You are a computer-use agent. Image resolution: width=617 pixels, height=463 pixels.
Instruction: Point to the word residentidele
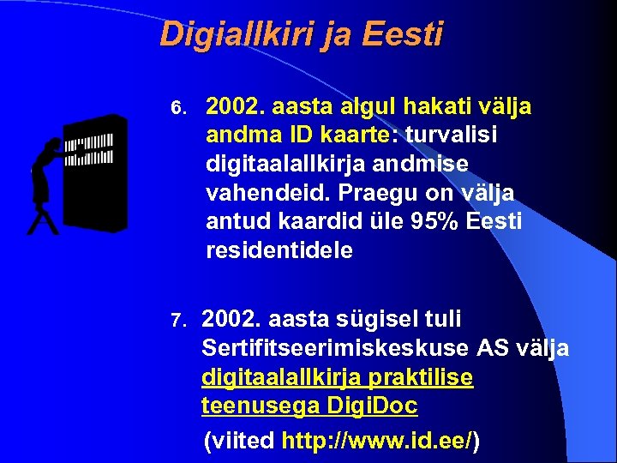tap(279, 251)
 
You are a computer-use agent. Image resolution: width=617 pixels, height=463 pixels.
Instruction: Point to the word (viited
tap(239, 442)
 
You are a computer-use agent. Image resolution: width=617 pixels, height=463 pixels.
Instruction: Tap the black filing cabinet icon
tap(95, 172)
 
